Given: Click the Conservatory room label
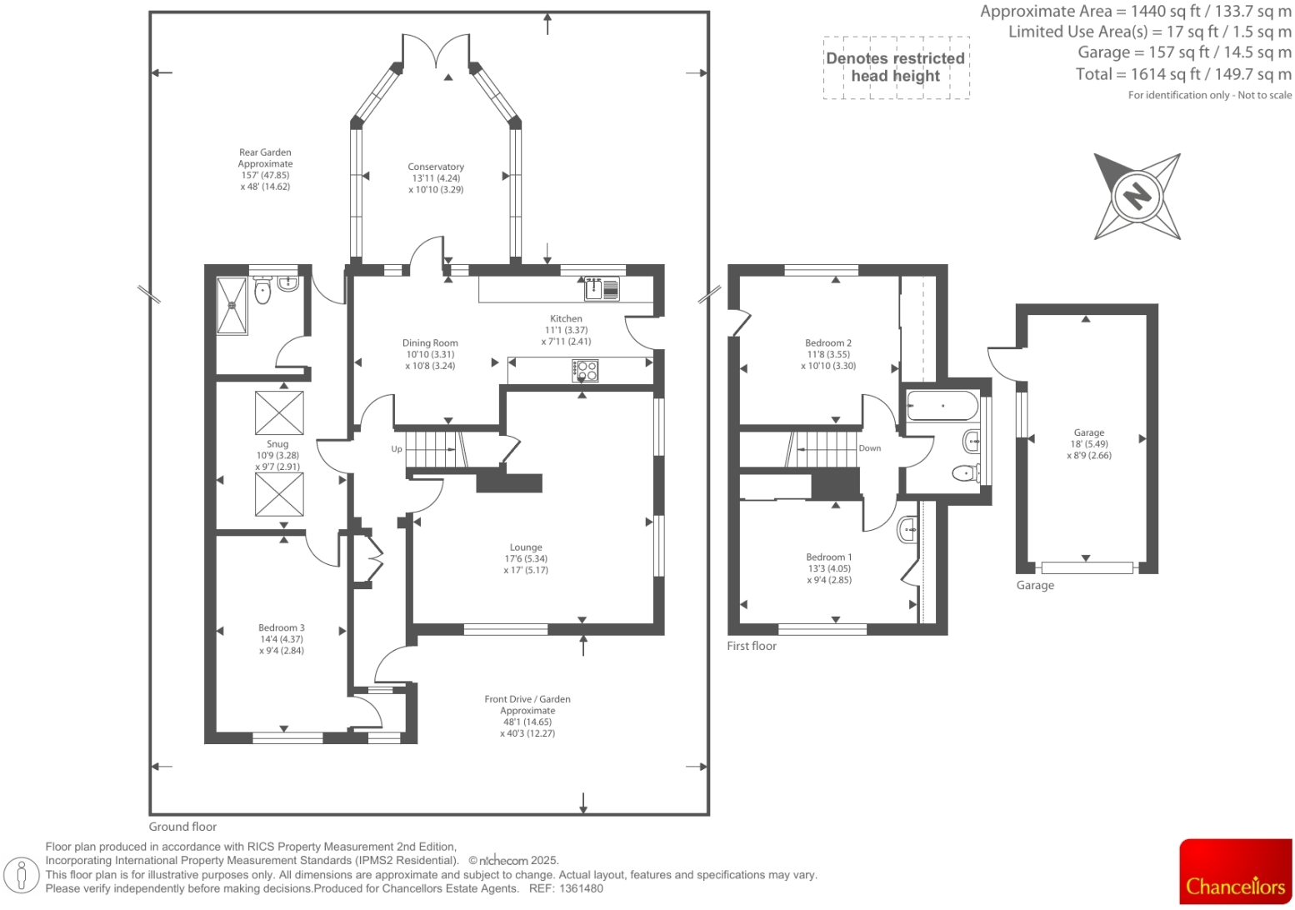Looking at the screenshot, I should (436, 167).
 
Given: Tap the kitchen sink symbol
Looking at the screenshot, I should (602, 289).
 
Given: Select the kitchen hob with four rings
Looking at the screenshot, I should (586, 370).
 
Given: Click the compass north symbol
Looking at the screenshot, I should (1137, 197).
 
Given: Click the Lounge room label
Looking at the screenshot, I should (526, 547).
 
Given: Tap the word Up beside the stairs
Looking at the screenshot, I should (397, 449).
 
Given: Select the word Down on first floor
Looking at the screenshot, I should (869, 448).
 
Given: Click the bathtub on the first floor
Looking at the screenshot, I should (942, 406).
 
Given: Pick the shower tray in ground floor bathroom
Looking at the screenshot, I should (232, 306).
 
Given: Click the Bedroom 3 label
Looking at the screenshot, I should (281, 627).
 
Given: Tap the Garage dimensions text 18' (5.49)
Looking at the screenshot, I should (1089, 444).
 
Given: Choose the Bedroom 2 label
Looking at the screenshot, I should (827, 342).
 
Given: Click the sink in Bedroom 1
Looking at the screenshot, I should (908, 528).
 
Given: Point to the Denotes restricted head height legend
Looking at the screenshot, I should (896, 67).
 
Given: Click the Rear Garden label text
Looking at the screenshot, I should (265, 152).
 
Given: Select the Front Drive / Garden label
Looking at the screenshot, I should (527, 699).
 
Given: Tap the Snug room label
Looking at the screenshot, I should (277, 444).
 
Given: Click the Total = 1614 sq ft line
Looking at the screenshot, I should (1183, 74).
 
